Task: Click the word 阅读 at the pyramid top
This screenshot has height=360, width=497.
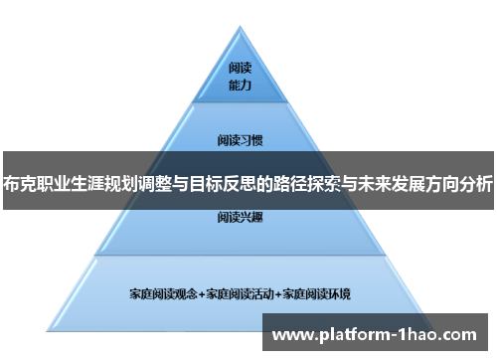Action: (240, 70)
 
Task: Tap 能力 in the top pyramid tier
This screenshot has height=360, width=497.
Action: (240, 87)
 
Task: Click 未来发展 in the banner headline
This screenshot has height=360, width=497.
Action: (381, 182)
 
